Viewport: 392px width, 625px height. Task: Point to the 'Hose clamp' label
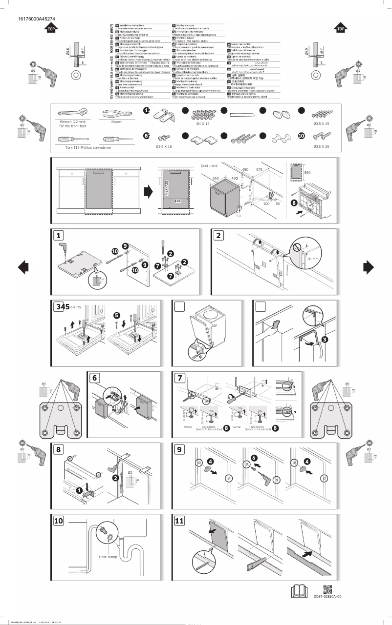point(107,557)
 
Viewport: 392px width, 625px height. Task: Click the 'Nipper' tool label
point(116,121)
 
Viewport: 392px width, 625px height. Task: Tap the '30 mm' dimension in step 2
point(312,259)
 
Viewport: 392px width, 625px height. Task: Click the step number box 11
point(180,521)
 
